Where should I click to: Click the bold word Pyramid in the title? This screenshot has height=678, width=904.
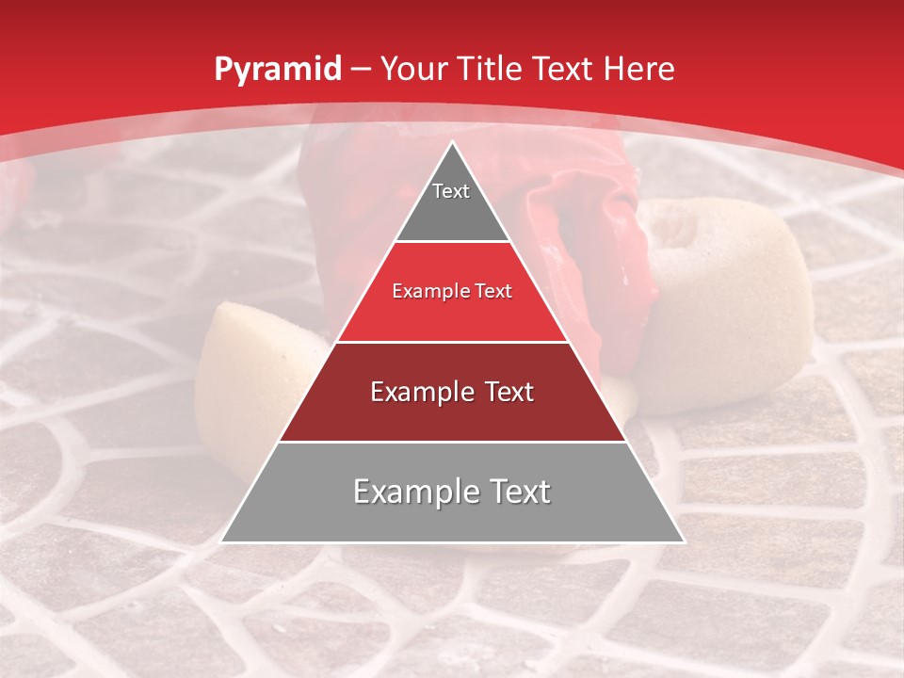click(x=277, y=70)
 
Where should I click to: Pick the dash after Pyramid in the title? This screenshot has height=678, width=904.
click(x=360, y=70)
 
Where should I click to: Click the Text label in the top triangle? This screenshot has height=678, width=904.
click(x=451, y=191)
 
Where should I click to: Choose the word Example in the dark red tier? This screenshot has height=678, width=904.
click(x=417, y=392)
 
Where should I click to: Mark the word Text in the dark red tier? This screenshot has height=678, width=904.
click(x=506, y=392)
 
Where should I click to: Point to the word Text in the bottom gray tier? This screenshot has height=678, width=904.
click(x=519, y=492)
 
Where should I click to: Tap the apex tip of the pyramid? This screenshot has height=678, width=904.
click(x=452, y=143)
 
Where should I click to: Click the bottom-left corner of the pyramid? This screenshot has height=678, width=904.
click(x=222, y=541)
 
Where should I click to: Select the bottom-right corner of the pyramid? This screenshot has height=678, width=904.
click(x=683, y=541)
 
